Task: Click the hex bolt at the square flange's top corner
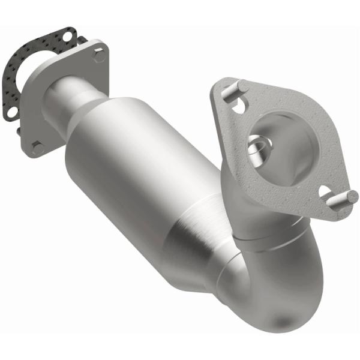click(100, 56)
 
